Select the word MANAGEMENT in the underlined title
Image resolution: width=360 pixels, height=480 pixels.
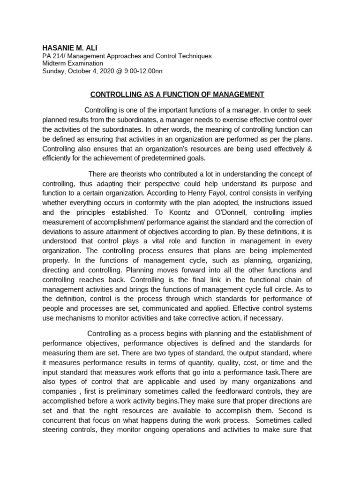tap(236, 95)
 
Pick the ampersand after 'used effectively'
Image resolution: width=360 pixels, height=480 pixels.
tap(309, 149)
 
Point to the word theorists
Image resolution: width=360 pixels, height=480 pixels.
tap(132, 174)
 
